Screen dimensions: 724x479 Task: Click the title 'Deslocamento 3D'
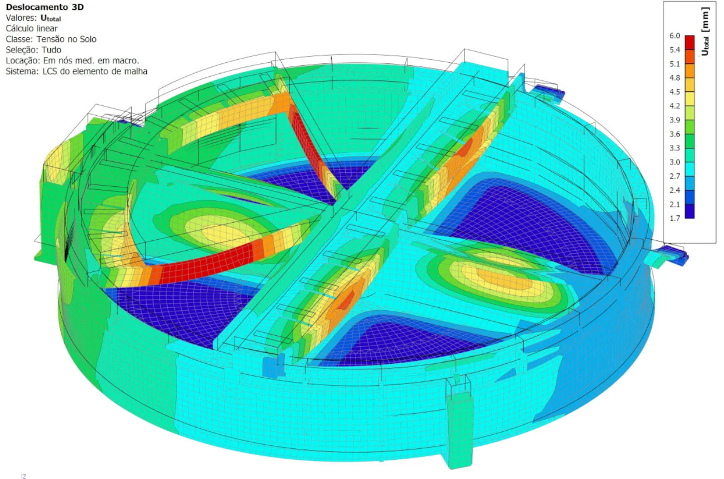coord(45,7)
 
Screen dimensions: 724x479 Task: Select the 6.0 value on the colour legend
coord(675,36)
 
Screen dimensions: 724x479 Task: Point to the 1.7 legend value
coord(675,218)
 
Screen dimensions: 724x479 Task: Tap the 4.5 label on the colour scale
coord(675,92)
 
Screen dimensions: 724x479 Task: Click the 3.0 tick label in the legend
coord(675,162)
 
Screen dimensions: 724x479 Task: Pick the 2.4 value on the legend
coord(675,190)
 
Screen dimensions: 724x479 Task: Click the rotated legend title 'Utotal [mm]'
coord(705,31)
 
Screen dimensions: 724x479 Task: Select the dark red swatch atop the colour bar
coord(689,43)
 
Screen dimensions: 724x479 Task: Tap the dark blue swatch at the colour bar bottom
coord(689,211)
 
